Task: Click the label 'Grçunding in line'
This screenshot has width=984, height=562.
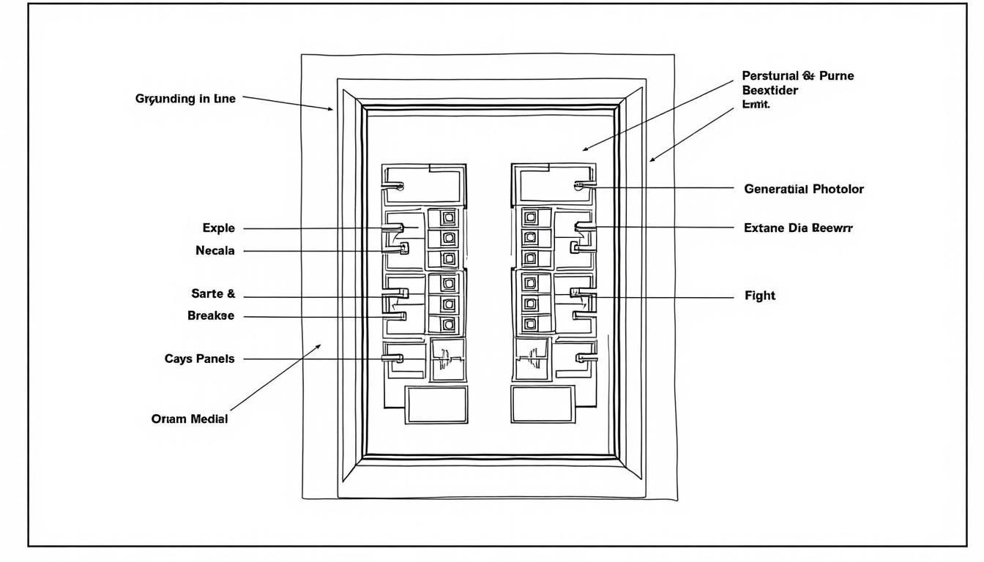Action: click(x=186, y=99)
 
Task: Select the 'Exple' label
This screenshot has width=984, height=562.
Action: click(x=219, y=228)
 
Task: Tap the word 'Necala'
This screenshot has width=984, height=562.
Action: click(x=215, y=251)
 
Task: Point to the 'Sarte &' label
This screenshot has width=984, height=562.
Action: click(x=213, y=294)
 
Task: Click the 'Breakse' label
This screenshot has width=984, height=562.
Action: click(x=211, y=316)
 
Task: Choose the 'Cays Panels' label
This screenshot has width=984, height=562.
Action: click(x=200, y=359)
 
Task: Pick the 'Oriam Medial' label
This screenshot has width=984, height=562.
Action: click(x=190, y=419)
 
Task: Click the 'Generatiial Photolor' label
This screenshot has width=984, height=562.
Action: click(x=804, y=190)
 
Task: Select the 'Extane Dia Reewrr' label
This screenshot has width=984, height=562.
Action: click(x=798, y=228)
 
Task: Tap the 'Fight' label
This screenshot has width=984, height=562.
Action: click(x=759, y=296)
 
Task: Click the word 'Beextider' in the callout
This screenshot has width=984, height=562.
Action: click(x=769, y=91)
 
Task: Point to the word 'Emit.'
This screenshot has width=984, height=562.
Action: click(x=756, y=105)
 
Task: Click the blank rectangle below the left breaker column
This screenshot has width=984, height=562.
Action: click(x=436, y=405)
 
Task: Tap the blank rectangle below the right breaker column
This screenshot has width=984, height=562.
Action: click(x=543, y=405)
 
